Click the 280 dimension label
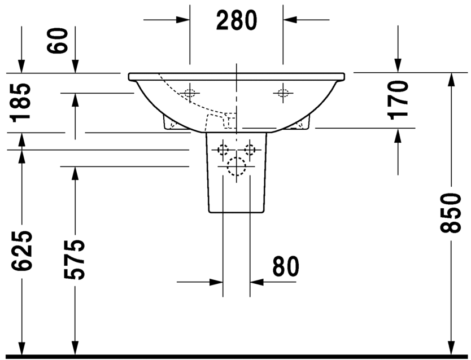click(237, 20)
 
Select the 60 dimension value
click(58, 41)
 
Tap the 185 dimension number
click(20, 103)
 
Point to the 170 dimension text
click(399, 100)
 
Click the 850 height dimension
click(450, 213)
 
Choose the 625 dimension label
click(21, 251)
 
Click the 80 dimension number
click(286, 266)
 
